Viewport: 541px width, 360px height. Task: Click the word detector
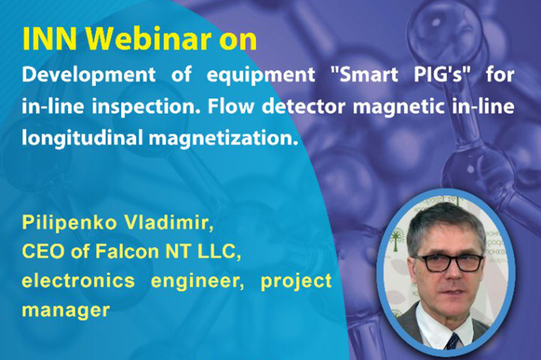304,106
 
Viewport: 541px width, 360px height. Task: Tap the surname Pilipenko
69,223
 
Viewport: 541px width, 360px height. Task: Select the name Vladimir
169,223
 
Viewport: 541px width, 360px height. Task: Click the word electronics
78,280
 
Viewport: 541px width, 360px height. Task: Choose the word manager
66,310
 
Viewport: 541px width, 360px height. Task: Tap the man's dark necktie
452,342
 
